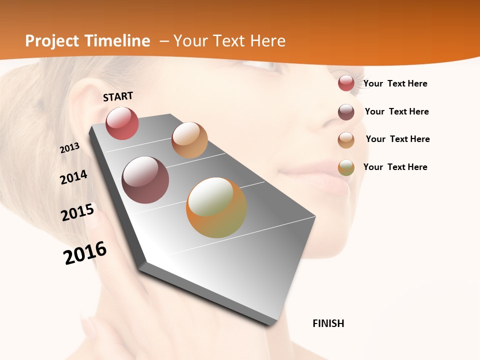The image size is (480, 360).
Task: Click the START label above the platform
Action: click(x=118, y=96)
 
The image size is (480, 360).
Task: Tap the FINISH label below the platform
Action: click(x=328, y=323)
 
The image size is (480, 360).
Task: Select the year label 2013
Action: click(x=69, y=147)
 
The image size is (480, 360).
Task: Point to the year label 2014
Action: click(x=73, y=177)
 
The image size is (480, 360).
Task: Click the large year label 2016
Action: click(x=85, y=252)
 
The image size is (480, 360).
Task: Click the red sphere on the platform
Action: click(x=122, y=123)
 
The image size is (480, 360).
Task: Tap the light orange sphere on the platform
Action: click(x=189, y=140)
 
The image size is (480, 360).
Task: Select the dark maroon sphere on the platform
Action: click(x=145, y=180)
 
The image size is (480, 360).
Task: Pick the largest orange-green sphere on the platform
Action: click(x=216, y=207)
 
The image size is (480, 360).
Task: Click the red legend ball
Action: click(x=346, y=83)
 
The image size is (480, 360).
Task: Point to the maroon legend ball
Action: click(x=346, y=112)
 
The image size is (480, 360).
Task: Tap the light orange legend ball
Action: click(x=346, y=140)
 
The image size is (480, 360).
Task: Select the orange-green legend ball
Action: click(x=346, y=167)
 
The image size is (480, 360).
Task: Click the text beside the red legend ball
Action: click(x=395, y=83)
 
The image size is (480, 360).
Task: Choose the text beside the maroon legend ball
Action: click(x=396, y=111)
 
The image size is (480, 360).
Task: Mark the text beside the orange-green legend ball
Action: click(x=395, y=167)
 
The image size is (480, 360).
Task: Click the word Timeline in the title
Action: click(x=117, y=41)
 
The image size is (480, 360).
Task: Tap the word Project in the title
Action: click(x=52, y=41)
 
